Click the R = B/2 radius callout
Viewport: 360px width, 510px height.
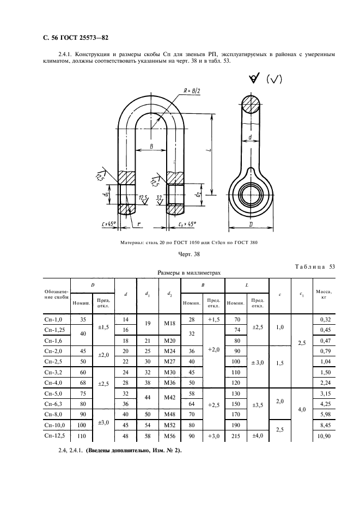click(x=192, y=91)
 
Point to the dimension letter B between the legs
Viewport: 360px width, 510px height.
click(x=151, y=147)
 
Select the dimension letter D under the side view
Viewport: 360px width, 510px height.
click(x=251, y=224)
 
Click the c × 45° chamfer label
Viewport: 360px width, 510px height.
click(x=109, y=224)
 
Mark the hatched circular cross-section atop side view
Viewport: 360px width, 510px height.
click(x=251, y=105)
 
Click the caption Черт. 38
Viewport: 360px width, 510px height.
click(x=189, y=254)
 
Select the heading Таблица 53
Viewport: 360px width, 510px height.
click(x=314, y=266)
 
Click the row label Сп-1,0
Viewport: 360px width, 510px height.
click(x=53, y=319)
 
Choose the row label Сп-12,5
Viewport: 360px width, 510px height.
click(x=54, y=435)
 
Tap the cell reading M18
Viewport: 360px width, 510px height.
click(x=169, y=323)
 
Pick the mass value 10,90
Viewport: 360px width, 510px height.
click(x=324, y=435)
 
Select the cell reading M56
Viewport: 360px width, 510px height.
click(x=169, y=436)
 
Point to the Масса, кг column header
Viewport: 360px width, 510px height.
click(x=324, y=294)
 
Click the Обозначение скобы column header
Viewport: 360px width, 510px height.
click(x=57, y=294)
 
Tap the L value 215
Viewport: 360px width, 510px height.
click(x=236, y=436)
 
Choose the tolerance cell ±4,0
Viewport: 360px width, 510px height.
click(x=258, y=435)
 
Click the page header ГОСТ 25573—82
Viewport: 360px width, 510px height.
click(x=84, y=38)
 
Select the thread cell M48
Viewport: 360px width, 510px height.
click(x=169, y=414)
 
